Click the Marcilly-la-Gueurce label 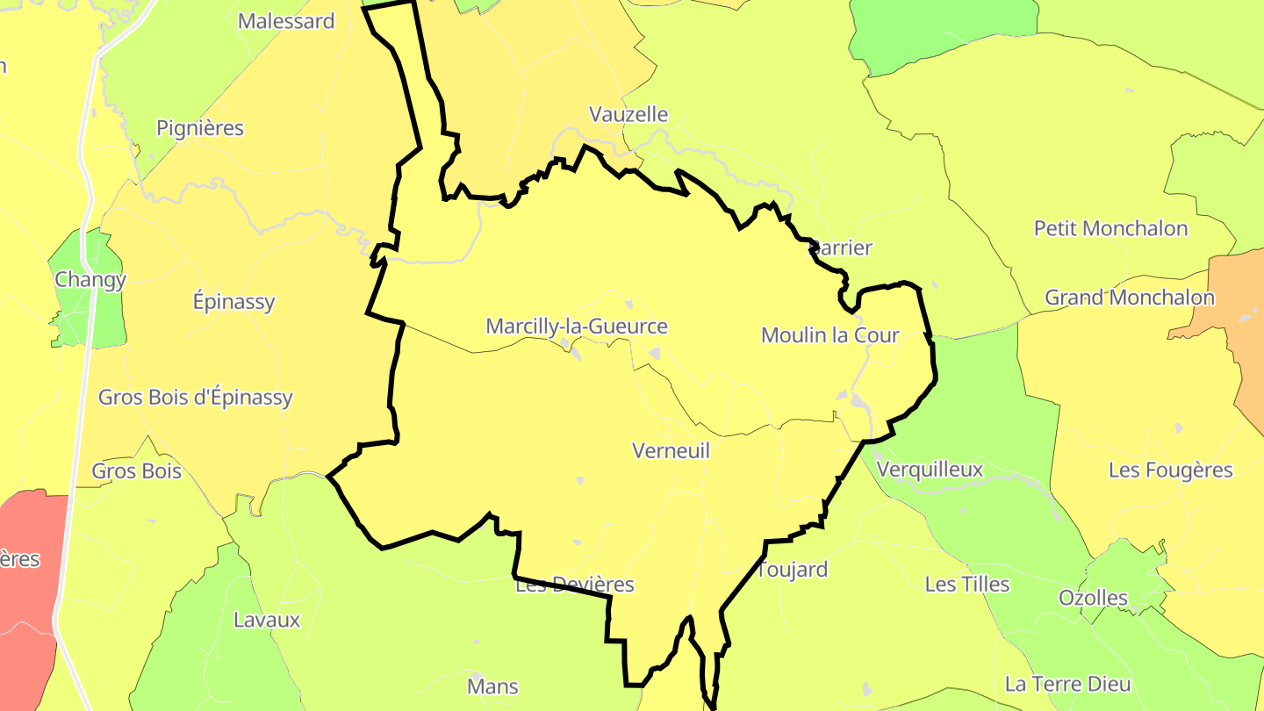[577, 327]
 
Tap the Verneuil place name [671, 450]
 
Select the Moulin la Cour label [829, 334]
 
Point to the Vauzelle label [628, 114]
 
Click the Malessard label [286, 21]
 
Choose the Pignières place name [200, 128]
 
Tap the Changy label [90, 279]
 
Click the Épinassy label [234, 302]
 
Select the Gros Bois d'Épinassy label [196, 397]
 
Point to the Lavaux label [267, 620]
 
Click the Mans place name [493, 686]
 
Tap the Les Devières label [575, 585]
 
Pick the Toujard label [793, 570]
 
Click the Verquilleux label [930, 470]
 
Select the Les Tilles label [967, 584]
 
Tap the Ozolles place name [1093, 598]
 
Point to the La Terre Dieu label [1068, 684]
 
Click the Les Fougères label [1171, 470]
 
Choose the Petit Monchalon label [1110, 228]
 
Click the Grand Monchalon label [1130, 298]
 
